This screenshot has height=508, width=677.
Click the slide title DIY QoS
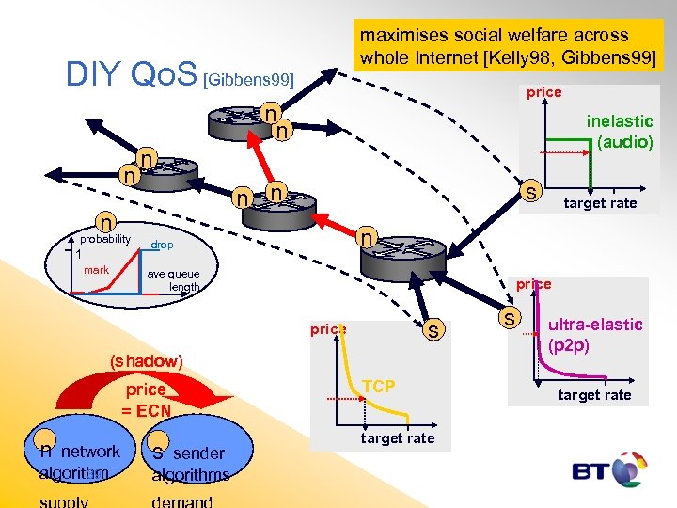(131, 73)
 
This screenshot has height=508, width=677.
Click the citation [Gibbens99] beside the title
(249, 80)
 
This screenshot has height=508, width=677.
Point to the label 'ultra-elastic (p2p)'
(594, 335)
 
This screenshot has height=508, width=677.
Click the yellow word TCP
(379, 387)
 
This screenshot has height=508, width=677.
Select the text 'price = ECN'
(145, 400)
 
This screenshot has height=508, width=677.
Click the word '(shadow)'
(145, 361)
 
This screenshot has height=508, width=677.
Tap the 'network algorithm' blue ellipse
(79, 461)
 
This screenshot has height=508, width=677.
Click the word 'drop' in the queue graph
(162, 245)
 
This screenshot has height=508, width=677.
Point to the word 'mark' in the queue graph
(96, 270)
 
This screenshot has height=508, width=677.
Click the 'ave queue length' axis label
(174, 280)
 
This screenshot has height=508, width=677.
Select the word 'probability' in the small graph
(104, 239)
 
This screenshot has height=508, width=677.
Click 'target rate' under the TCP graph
(397, 438)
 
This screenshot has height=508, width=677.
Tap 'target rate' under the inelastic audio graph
(600, 203)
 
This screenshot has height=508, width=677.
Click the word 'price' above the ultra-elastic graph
(533, 283)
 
